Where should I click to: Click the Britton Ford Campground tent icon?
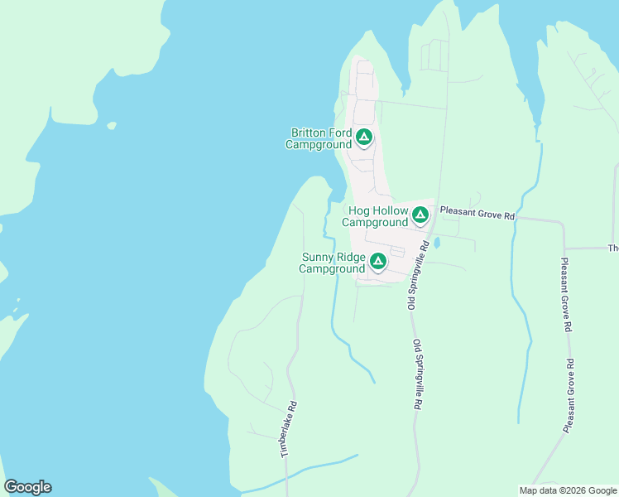click(x=364, y=137)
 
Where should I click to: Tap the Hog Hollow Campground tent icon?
click(x=420, y=215)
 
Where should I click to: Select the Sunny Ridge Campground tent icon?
click(x=378, y=262)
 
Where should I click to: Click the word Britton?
click(x=309, y=133)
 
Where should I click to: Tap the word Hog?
click(x=359, y=211)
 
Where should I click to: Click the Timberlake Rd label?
click(x=288, y=430)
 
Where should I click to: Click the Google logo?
click(x=27, y=487)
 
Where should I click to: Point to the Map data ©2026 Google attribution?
click(x=569, y=490)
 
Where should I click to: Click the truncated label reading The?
click(x=613, y=248)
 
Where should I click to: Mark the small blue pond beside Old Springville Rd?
click(x=437, y=244)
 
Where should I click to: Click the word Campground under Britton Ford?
click(x=319, y=144)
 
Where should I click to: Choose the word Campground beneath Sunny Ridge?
click(x=332, y=268)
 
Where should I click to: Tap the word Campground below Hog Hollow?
click(x=375, y=223)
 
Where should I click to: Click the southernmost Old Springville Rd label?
click(x=418, y=375)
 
